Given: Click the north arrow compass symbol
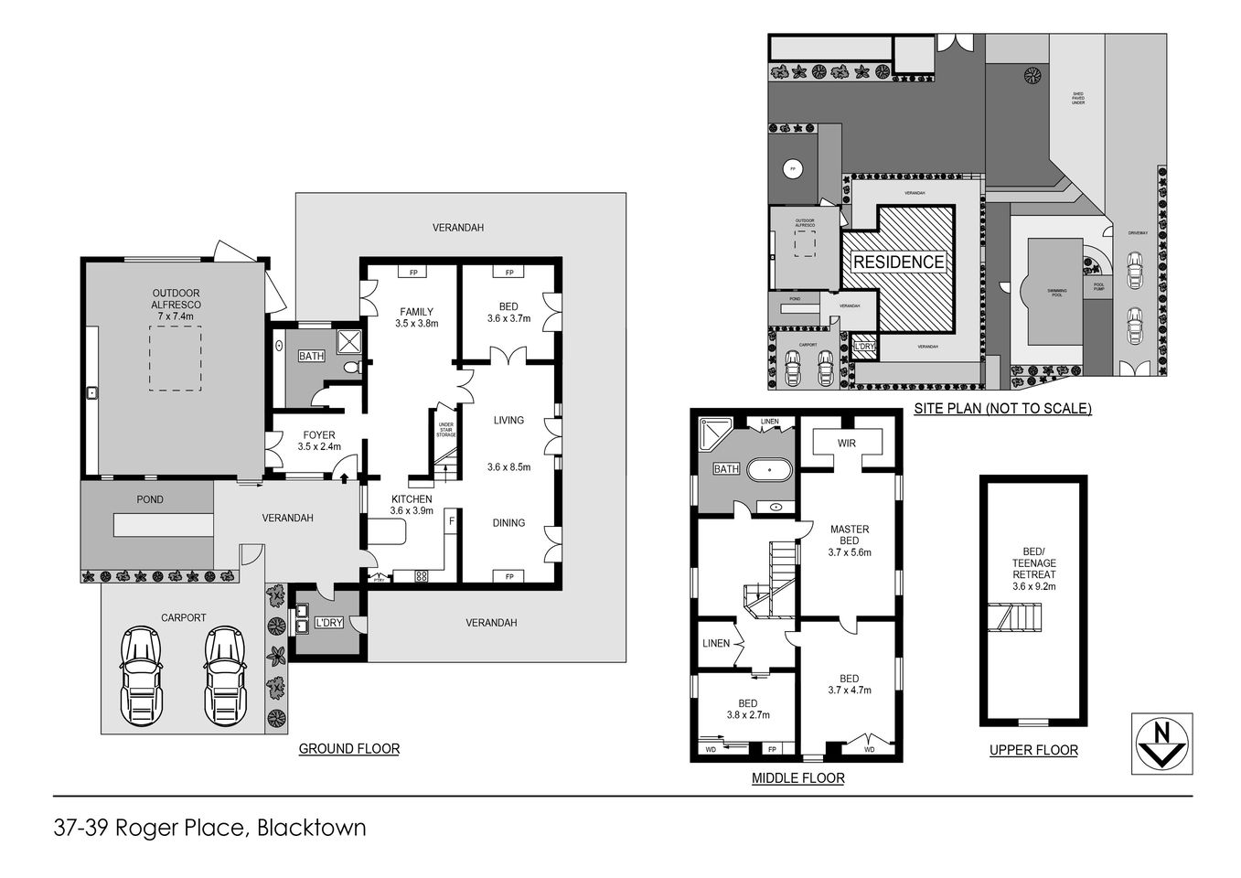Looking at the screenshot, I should click(1161, 743).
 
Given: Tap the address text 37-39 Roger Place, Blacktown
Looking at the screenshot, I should click(209, 829).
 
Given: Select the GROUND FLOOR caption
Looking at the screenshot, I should click(348, 749).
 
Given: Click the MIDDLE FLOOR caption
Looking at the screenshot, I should click(797, 778).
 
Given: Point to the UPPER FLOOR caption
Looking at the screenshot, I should click(1033, 751).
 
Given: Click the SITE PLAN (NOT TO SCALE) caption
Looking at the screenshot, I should click(1002, 409).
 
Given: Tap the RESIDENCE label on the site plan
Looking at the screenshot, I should click(898, 262).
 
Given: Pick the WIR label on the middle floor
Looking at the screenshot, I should click(847, 444).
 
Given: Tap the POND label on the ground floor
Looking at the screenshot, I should click(150, 500).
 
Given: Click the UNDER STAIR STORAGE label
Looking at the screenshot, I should click(446, 430).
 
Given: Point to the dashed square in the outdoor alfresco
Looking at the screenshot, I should click(175, 359).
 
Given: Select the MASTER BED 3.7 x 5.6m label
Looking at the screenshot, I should click(849, 541).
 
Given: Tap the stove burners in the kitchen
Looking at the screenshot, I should click(422, 576).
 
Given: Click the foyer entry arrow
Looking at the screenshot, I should click(343, 476).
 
